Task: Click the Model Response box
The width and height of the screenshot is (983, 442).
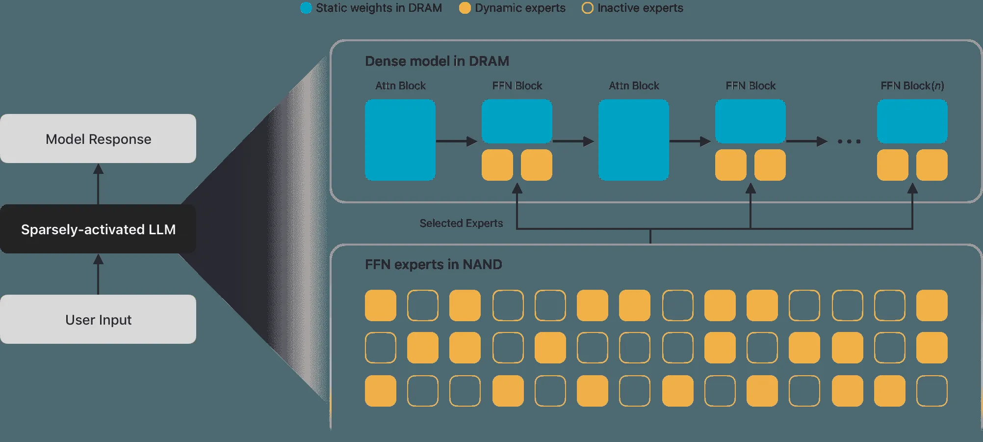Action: point(98,138)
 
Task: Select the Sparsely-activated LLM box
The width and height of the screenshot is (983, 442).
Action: point(98,229)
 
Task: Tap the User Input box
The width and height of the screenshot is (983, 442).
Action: point(98,319)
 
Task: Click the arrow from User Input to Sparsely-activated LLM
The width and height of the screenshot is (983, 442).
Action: point(98,274)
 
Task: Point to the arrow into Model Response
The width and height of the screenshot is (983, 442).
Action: point(98,184)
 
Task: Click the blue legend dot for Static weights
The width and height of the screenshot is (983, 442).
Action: point(306,8)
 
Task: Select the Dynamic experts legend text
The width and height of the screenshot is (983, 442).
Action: point(520,8)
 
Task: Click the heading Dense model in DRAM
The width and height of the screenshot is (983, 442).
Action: point(437,61)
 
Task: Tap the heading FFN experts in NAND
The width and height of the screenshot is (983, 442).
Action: point(434,264)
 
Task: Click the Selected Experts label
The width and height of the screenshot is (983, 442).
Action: point(461,223)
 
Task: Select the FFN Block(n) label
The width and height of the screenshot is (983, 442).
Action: point(912,86)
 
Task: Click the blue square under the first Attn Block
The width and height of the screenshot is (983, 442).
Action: point(400,140)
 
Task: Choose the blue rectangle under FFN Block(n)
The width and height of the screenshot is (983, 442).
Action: point(912,121)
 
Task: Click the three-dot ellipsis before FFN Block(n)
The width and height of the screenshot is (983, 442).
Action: point(849,141)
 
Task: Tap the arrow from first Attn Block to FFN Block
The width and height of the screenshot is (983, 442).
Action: point(457,141)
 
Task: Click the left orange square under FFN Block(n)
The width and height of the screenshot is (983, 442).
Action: point(893,165)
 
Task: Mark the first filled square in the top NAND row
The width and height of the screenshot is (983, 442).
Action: point(381,305)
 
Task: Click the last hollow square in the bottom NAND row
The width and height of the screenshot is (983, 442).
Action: point(932,391)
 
